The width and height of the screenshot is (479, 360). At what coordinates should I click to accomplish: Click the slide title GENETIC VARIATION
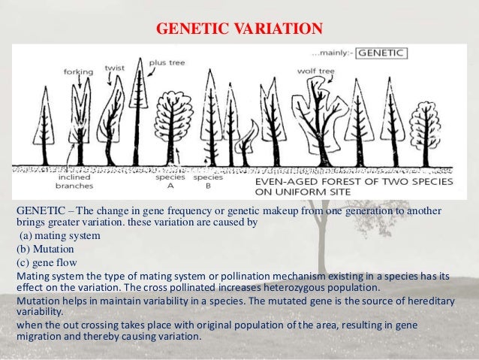(239, 29)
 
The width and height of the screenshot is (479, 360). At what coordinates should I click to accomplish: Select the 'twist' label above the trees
(115, 66)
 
